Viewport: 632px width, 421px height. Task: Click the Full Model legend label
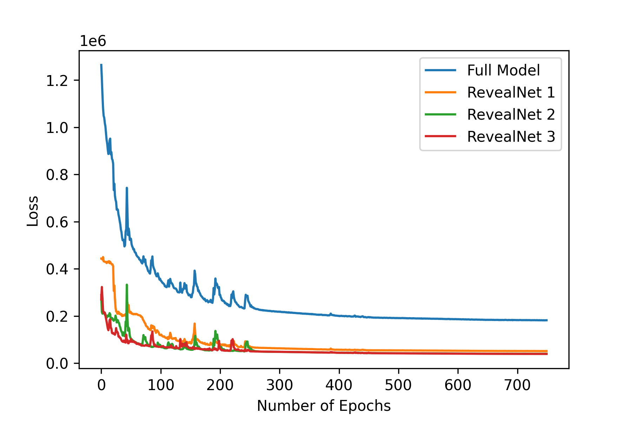pyautogui.click(x=503, y=71)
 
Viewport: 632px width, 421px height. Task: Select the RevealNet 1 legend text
pyautogui.click(x=511, y=93)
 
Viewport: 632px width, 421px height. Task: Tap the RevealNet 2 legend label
pyautogui.click(x=511, y=115)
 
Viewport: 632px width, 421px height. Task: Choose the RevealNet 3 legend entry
pyautogui.click(x=511, y=137)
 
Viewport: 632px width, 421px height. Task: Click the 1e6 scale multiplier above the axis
pyautogui.click(x=93, y=41)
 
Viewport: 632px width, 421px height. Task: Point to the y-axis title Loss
pyautogui.click(x=33, y=211)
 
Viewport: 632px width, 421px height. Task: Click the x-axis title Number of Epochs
pyautogui.click(x=324, y=406)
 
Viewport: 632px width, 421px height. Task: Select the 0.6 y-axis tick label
pyautogui.click(x=57, y=222)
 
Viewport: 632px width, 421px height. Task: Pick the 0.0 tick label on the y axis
pyautogui.click(x=57, y=364)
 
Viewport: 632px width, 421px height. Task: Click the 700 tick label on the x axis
pyautogui.click(x=517, y=385)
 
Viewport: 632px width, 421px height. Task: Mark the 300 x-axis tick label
pyautogui.click(x=279, y=385)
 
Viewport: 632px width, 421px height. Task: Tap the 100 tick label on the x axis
pyautogui.click(x=161, y=385)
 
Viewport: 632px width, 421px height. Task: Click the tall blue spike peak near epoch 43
pyautogui.click(x=127, y=188)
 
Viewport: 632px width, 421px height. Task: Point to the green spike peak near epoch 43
pyautogui.click(x=127, y=285)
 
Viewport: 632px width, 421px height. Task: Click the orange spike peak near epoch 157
pyautogui.click(x=195, y=324)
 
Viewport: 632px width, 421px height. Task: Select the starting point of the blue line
pyautogui.click(x=101, y=65)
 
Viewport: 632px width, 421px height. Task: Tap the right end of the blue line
pyautogui.click(x=547, y=320)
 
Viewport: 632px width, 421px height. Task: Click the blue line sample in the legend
pyautogui.click(x=441, y=71)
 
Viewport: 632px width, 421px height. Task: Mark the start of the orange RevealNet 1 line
pyautogui.click(x=101, y=259)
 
